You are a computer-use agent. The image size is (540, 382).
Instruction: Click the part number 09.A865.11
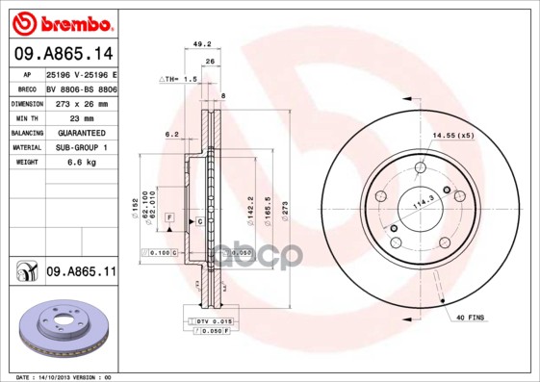tap(81, 272)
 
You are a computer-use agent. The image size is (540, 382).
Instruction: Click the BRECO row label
tap(26, 88)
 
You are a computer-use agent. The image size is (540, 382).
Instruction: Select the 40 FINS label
tap(473, 318)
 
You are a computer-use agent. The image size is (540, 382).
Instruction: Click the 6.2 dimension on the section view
tap(172, 134)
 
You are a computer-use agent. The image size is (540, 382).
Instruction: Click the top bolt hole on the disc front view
tap(420, 169)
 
